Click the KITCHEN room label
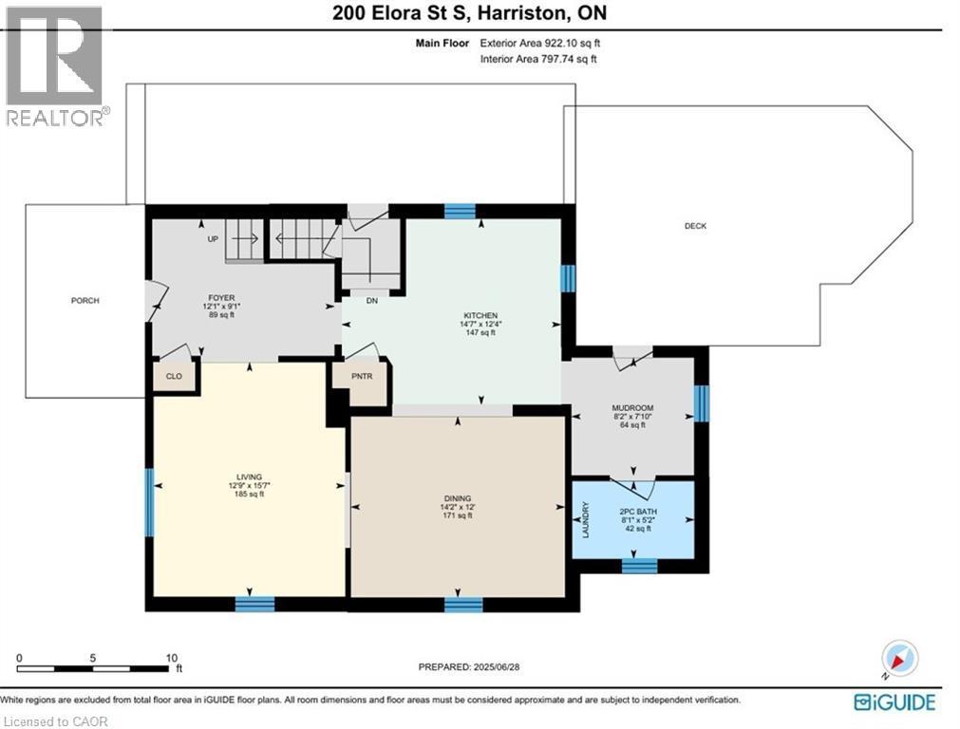pos(481,315)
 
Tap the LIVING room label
pos(250,477)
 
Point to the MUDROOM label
pos(631,407)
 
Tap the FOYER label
pos(221,297)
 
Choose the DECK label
pos(695,226)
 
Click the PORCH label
pos(85,301)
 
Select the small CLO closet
pos(174,376)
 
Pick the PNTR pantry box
pos(359,376)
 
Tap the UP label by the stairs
pos(213,239)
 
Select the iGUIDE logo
pos(894,702)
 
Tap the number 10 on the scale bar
pos(172,658)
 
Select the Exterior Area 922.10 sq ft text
pos(540,43)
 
